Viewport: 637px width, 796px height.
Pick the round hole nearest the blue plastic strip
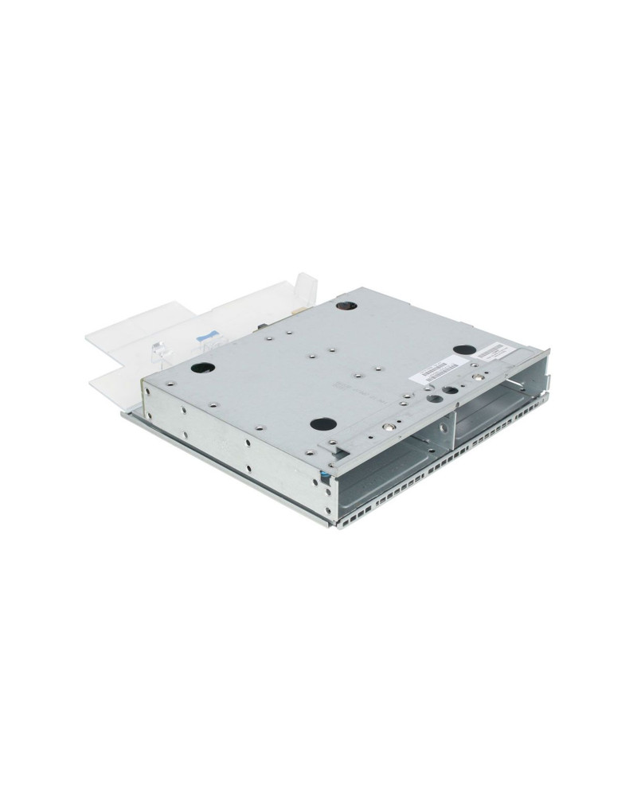(x=201, y=368)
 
